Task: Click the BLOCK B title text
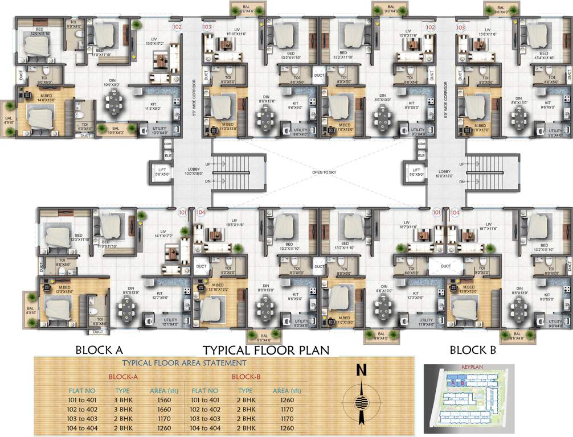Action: click(x=473, y=350)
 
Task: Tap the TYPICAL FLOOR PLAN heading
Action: click(x=267, y=349)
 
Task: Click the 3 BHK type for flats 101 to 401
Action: click(x=122, y=401)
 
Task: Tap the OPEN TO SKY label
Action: click(x=324, y=172)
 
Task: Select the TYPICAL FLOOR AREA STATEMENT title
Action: click(x=185, y=362)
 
